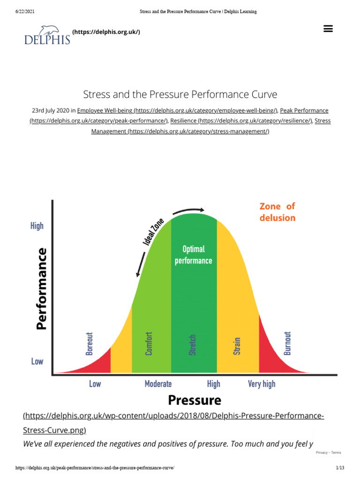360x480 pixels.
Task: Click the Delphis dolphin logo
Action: pyautogui.click(x=47, y=34)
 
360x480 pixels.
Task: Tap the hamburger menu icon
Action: pyautogui.click(x=328, y=29)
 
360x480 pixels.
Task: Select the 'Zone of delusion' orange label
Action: pyautogui.click(x=277, y=212)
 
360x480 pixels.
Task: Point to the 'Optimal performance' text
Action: pyautogui.click(x=193, y=255)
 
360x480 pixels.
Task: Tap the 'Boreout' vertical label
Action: pyautogui.click(x=90, y=344)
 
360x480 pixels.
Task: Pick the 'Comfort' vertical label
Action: pyautogui.click(x=149, y=343)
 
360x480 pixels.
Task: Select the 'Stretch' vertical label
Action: pyautogui.click(x=192, y=345)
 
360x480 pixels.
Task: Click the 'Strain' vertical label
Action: pyautogui.click(x=237, y=346)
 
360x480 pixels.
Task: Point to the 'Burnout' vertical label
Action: pyautogui.click(x=288, y=343)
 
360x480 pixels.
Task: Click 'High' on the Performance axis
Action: pyautogui.click(x=37, y=226)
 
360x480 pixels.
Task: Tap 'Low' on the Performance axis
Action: pyautogui.click(x=37, y=361)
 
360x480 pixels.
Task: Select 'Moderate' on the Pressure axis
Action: pyautogui.click(x=158, y=384)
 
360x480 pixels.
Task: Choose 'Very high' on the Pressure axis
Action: pyautogui.click(x=262, y=384)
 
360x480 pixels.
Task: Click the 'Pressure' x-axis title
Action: pyautogui.click(x=194, y=400)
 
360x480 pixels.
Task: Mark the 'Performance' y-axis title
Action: pyautogui.click(x=42, y=288)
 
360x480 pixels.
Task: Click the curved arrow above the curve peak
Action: pyautogui.click(x=190, y=210)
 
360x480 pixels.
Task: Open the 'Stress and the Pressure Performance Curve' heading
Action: pyautogui.click(x=180, y=94)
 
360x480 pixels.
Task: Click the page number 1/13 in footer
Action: pyautogui.click(x=340, y=468)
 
